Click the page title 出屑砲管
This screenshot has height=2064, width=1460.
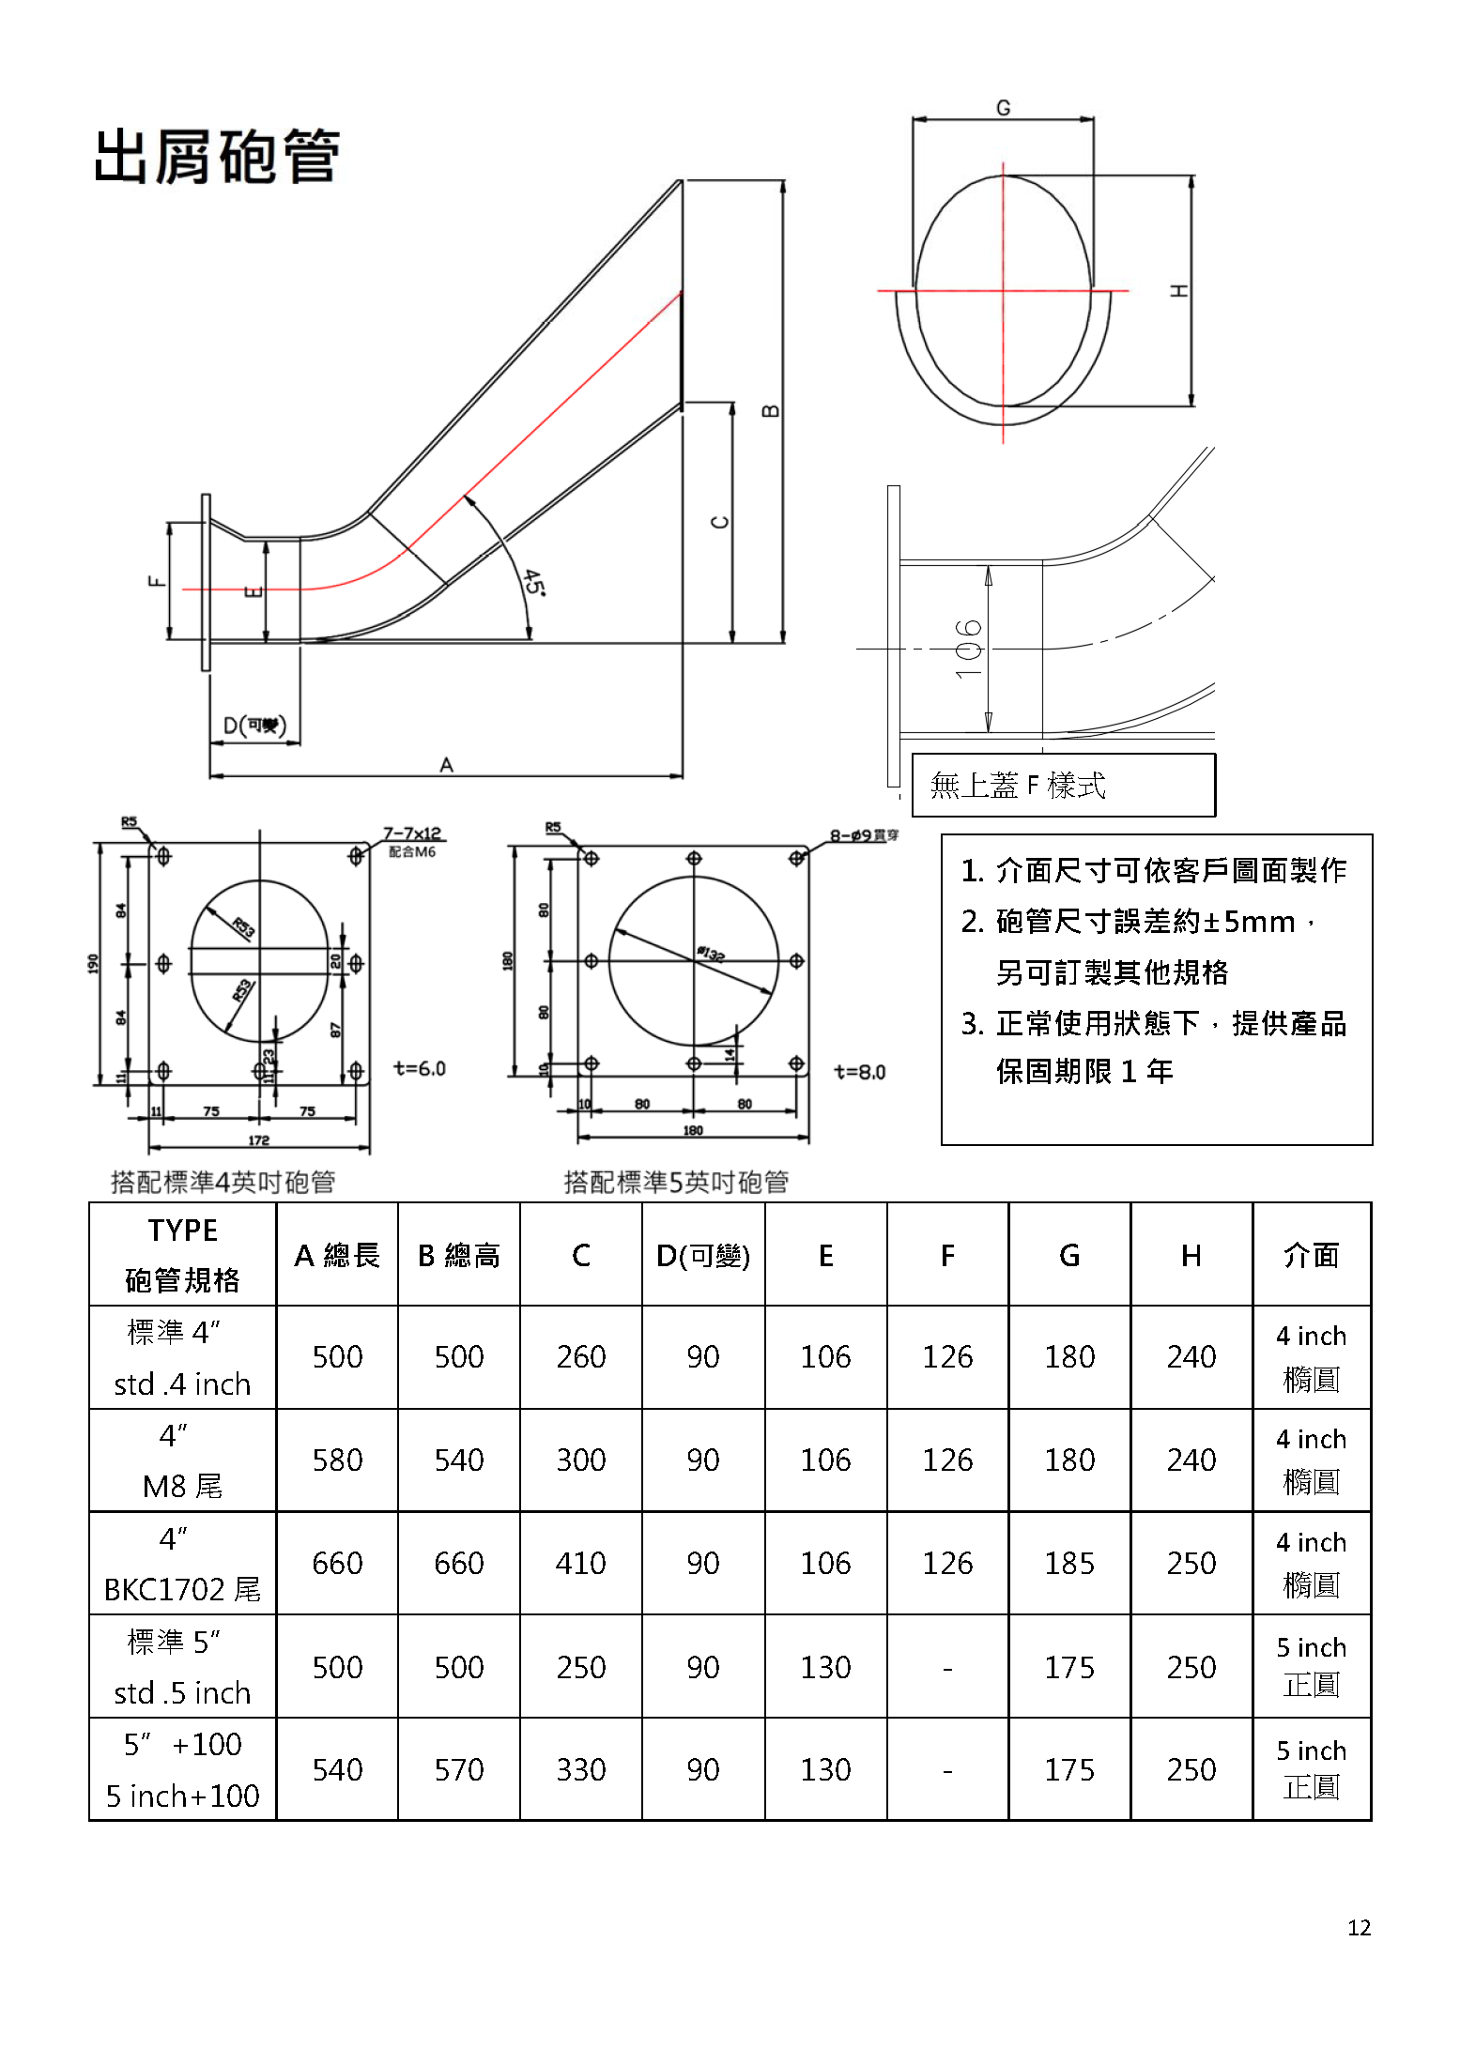(x=217, y=157)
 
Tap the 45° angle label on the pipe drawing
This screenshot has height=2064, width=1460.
(x=533, y=582)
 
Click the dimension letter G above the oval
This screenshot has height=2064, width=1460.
(x=1003, y=108)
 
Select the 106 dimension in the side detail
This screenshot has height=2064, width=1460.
(x=968, y=649)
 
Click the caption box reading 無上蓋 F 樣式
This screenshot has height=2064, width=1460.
(x=1063, y=785)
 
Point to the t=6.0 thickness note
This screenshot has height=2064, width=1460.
(x=419, y=1068)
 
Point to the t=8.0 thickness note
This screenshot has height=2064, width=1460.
(x=859, y=1072)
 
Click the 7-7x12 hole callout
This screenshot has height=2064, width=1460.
(x=411, y=833)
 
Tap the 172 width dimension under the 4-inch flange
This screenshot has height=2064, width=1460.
(x=258, y=1140)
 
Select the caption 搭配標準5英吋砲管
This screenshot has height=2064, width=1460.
(x=676, y=1182)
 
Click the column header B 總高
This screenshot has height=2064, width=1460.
(x=458, y=1255)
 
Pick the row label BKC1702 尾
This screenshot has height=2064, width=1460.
(x=182, y=1589)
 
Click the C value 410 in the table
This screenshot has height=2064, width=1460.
(x=580, y=1563)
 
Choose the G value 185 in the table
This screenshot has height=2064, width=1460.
(x=1069, y=1563)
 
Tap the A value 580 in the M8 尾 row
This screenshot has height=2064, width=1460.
(x=337, y=1460)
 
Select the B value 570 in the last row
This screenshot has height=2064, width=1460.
(x=458, y=1769)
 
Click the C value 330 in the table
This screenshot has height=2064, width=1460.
(x=580, y=1769)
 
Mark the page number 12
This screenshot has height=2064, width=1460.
(x=1359, y=1928)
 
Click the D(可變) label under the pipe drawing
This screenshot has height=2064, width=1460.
(x=254, y=726)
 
